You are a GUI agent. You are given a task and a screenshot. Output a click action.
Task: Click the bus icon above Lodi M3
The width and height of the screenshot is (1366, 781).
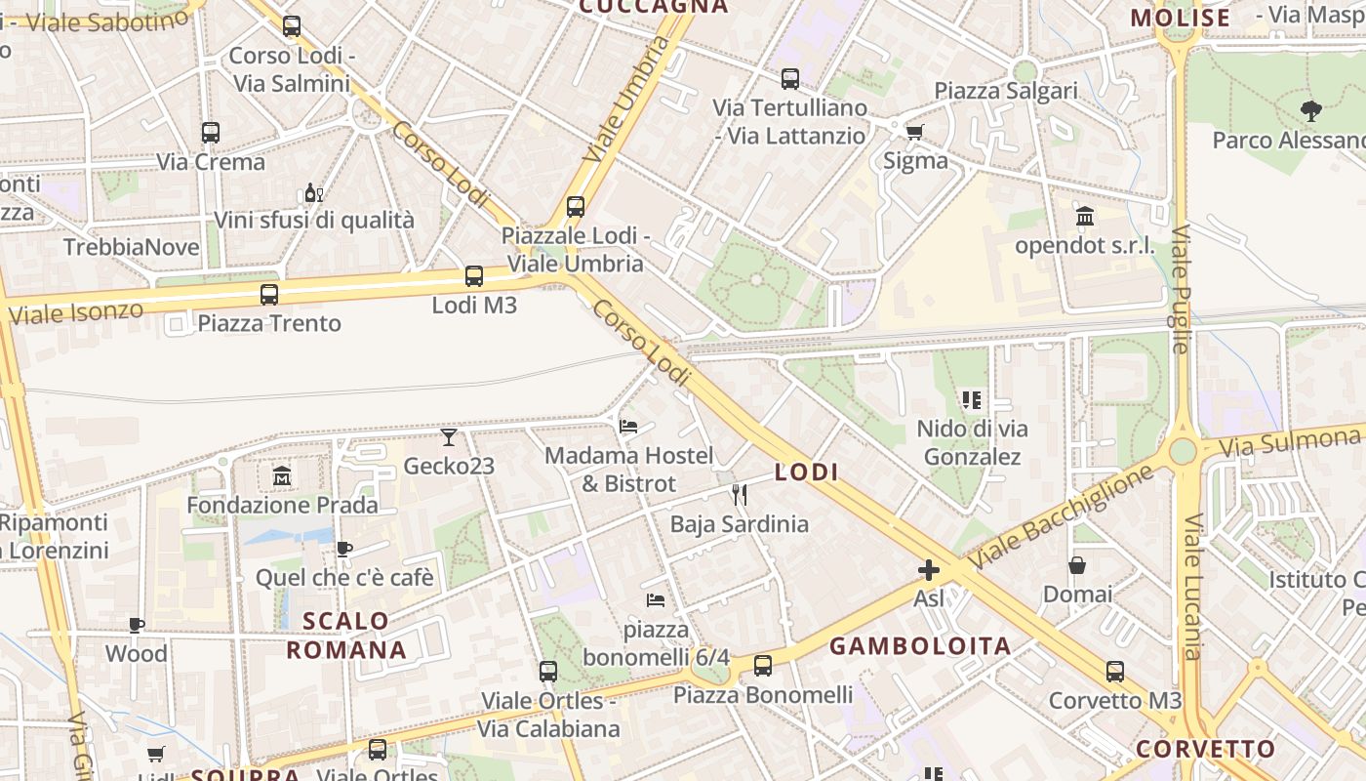point(474,276)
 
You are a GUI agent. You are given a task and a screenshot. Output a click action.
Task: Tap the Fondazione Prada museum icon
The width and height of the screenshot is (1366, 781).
point(282,476)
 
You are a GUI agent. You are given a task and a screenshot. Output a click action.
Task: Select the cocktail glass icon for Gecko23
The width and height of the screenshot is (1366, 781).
point(449,436)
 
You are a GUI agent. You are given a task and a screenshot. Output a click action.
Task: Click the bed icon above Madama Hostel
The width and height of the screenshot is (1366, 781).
point(628,427)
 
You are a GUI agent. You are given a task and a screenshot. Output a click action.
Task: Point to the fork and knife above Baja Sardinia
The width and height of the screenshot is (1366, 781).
point(740,495)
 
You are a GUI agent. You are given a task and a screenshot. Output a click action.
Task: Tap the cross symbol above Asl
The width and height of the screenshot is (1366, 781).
point(929,569)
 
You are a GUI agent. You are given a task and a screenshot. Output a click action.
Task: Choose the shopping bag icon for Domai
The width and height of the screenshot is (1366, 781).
point(1077,565)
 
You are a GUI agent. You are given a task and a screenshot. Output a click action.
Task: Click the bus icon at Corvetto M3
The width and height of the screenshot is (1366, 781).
point(1115,672)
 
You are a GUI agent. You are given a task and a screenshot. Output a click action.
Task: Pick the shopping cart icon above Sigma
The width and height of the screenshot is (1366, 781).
point(914,132)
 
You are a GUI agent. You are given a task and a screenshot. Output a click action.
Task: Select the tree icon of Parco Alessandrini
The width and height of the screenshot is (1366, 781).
point(1310,111)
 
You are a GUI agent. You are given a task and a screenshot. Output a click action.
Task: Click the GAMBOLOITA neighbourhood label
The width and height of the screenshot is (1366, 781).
point(920,645)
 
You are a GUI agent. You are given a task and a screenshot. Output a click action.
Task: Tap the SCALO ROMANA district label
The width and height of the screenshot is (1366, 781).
point(346,635)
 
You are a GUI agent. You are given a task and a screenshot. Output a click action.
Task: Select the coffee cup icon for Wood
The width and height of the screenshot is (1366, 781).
point(137,625)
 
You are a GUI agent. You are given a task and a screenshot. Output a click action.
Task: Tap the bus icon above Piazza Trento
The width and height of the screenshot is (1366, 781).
point(269,294)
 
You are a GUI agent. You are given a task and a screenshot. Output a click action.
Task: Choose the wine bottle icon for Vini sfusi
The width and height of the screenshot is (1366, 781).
point(313,192)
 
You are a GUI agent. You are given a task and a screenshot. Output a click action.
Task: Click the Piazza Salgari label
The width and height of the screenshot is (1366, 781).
point(1006,91)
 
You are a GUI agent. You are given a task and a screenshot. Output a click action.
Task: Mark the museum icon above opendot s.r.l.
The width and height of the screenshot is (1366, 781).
point(1084,216)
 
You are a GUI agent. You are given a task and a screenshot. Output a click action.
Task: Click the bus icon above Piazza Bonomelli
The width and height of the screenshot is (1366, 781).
point(763,666)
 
